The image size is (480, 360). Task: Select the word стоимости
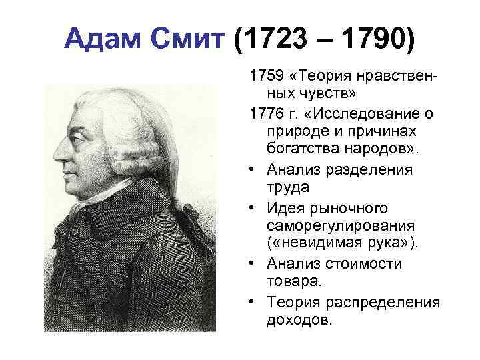click(x=373, y=264)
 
